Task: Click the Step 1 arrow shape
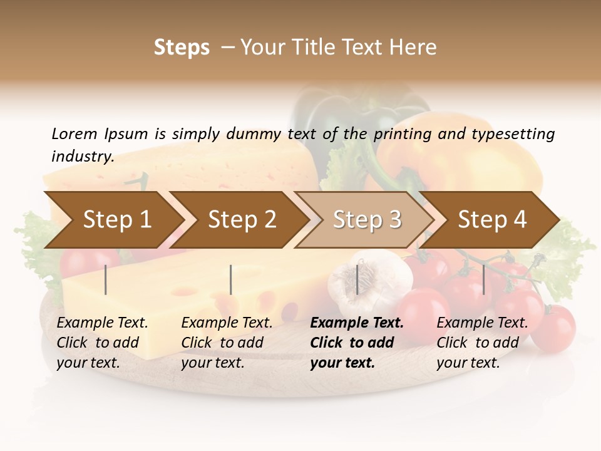coord(113,220)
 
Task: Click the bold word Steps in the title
coord(182,48)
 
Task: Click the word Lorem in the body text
coord(74,134)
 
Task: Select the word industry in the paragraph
coord(82,156)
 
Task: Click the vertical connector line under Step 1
coord(106,279)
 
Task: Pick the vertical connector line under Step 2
coord(231,279)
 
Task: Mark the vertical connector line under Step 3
coord(357,279)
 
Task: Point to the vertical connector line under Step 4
coord(483,279)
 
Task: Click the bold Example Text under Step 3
coord(357,323)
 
